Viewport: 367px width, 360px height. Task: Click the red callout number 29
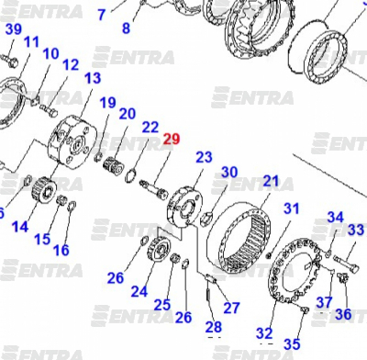tap(172, 140)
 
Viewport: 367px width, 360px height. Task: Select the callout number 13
tap(93, 78)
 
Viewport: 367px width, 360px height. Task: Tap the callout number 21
tap(271, 181)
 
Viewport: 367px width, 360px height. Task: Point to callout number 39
tap(14, 29)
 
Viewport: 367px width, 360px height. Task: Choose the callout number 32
tap(264, 332)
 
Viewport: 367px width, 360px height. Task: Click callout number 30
tap(229, 172)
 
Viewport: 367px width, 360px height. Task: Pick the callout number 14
tap(20, 227)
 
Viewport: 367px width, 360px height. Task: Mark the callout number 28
tap(214, 327)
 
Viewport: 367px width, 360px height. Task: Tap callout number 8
tap(126, 28)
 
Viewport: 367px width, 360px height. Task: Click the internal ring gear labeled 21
tap(239, 238)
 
